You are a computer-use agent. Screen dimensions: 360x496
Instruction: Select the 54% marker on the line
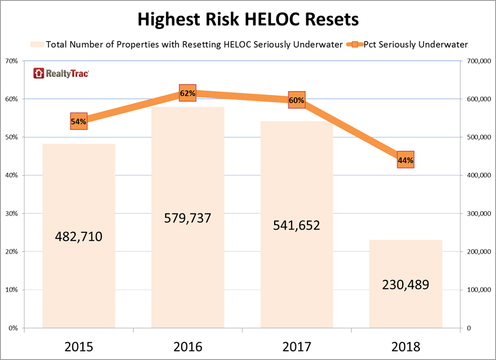point(78,121)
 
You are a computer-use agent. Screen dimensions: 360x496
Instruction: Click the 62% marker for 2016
point(187,93)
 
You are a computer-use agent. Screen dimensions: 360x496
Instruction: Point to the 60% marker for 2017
point(297,100)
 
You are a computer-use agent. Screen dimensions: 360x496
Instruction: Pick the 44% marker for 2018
point(406,160)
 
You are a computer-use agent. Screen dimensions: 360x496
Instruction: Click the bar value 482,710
point(78,237)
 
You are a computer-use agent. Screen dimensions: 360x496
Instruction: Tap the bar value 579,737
point(187,218)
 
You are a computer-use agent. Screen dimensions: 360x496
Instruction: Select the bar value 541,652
point(297,225)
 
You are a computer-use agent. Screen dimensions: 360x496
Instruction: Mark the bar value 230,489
point(406,284)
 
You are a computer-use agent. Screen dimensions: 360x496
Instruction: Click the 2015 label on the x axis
point(78,346)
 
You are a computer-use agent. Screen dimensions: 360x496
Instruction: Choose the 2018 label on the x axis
point(406,346)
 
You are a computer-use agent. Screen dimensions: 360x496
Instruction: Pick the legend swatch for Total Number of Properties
point(37,44)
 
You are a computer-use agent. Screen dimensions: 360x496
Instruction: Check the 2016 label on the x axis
point(187,346)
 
